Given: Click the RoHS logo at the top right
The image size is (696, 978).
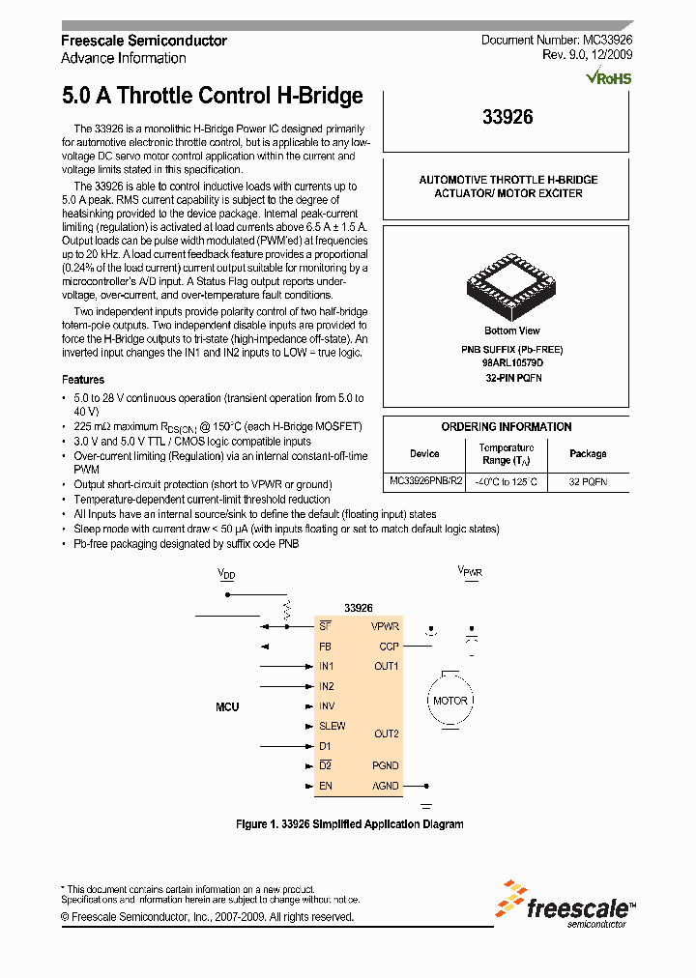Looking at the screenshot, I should pos(609,76).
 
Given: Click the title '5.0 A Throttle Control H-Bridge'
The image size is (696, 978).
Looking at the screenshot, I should pos(212,96).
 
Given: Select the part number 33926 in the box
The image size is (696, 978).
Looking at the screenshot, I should pos(507,117).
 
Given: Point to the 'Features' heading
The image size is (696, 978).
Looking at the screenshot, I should pos(83,380).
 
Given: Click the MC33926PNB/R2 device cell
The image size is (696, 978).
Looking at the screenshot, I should pos(425,480).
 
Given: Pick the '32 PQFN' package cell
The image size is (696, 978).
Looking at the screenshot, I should pos(588,480).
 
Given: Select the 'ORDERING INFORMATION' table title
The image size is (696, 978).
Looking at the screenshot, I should pos(506,426).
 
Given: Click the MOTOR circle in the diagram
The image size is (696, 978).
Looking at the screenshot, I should pos(449,701).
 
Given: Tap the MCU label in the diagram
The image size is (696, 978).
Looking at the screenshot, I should pos(227,706).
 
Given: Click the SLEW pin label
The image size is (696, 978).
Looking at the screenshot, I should pos(333,726).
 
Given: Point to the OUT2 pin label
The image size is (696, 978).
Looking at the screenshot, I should pos(387,733).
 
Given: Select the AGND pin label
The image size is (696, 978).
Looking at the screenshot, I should pos(386,786).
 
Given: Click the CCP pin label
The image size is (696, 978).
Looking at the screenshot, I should pos(389,646).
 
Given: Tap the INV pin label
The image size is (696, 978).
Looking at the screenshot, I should pos(327,706).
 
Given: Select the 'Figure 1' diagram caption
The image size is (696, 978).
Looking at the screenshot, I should pos(349,824).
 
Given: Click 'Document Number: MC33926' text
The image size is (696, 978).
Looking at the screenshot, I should pos(557,41).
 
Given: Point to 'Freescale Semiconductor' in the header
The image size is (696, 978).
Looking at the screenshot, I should pos(144,41).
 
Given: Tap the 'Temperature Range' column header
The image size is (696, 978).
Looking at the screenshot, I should pos(507,453).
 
